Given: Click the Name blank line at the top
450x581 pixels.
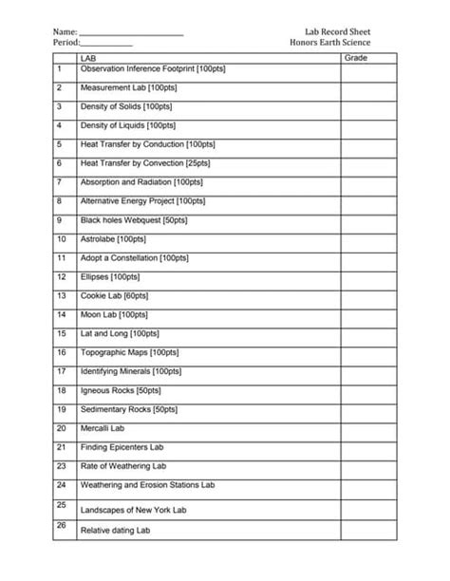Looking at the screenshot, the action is pos(131,34).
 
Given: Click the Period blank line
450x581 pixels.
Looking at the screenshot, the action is pos(106,46).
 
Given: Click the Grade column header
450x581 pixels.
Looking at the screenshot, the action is pos(356,59).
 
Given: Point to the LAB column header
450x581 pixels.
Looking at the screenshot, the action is pos(90,59).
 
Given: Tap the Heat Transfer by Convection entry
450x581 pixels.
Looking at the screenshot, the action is pos(145,163).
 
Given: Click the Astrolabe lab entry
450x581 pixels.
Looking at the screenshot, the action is pos(113,239).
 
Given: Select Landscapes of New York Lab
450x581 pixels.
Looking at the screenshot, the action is pos(133,510).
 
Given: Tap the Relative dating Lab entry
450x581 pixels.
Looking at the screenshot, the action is pos(116,531).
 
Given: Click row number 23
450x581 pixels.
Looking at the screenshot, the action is pos(61,466).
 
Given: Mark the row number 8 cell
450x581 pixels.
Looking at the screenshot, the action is pos(60,201).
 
